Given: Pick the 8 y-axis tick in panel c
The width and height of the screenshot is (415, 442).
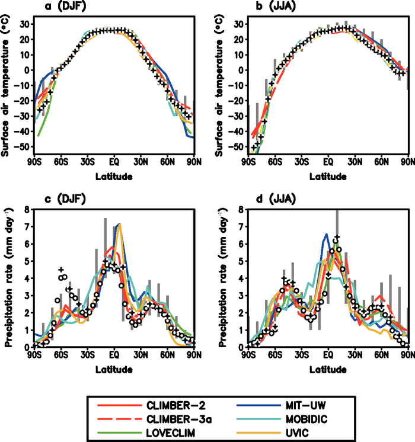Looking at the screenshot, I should coord(27,209).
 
